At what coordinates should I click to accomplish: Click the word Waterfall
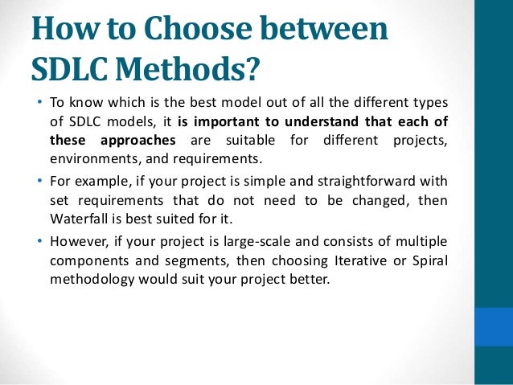click(x=70, y=218)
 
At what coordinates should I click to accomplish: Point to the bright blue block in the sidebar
click(x=493, y=326)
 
